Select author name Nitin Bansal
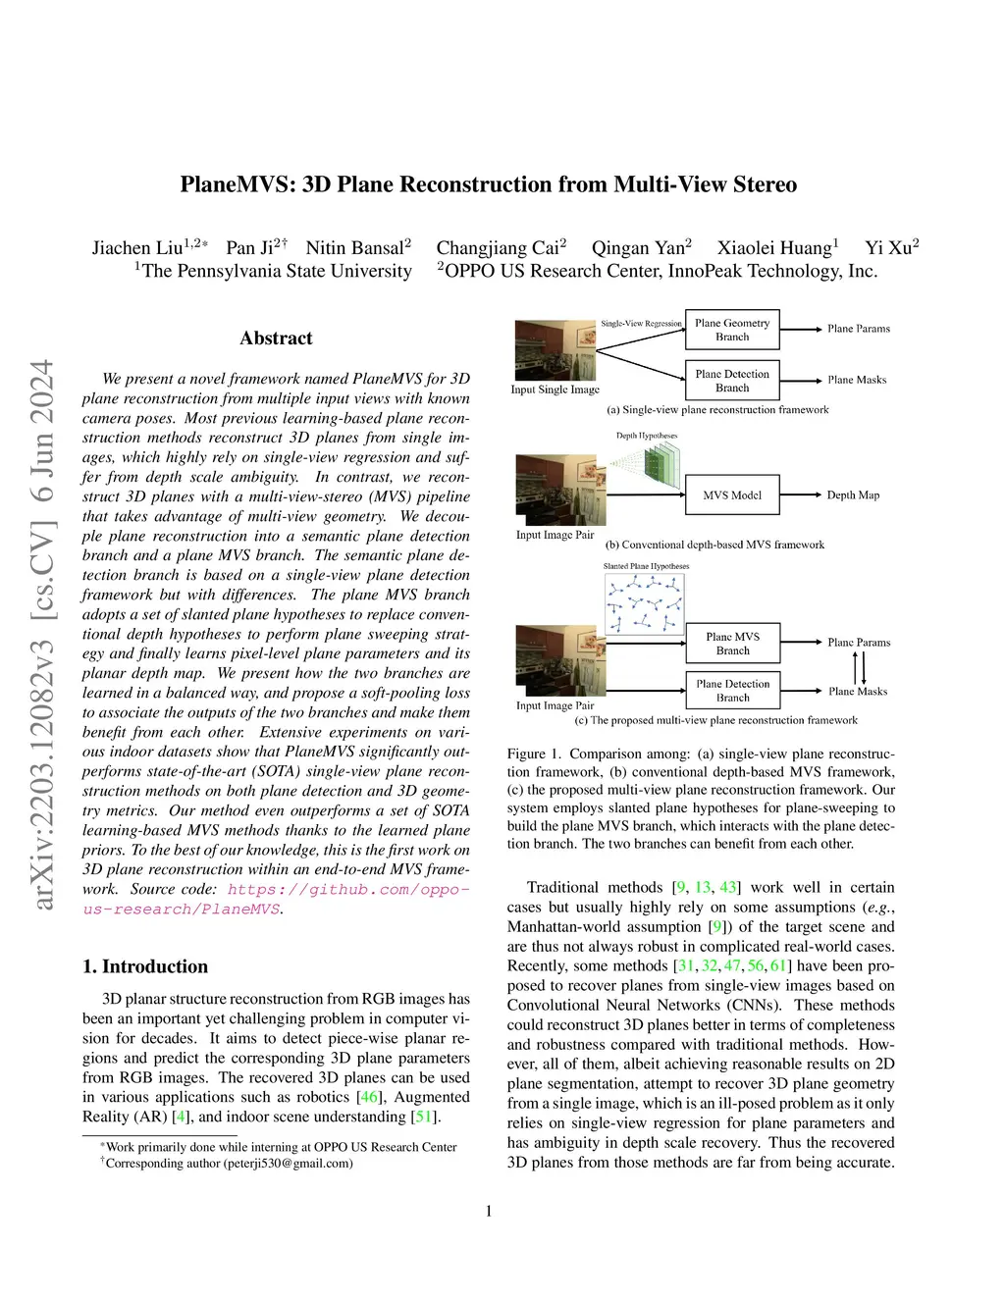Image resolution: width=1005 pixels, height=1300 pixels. pos(354,248)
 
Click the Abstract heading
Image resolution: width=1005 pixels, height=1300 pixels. pos(276,338)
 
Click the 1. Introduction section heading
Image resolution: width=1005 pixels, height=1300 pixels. pos(145,966)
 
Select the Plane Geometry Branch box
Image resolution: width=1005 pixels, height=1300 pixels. pos(732,330)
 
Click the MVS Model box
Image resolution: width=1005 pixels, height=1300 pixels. pos(732,495)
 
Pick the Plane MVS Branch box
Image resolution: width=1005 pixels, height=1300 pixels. pos(732,644)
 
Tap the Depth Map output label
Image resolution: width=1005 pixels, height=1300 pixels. pos(853,495)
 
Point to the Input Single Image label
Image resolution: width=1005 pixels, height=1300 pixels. pos(555,390)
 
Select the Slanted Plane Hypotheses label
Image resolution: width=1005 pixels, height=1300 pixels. pos(646,566)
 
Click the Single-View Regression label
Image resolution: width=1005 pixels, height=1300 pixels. pos(641,324)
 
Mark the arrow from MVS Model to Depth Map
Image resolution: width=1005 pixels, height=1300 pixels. pos(800,495)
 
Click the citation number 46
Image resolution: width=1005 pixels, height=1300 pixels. pos(369,1097)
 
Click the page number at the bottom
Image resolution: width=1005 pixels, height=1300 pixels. pos(489,1212)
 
